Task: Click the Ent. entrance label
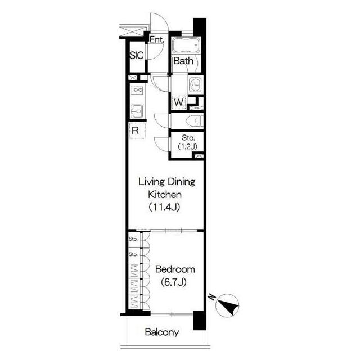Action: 157,40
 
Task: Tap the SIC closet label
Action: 137,55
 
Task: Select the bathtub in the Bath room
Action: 185,45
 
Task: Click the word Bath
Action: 184,61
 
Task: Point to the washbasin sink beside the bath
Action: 195,84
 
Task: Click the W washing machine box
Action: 179,102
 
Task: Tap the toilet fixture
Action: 195,121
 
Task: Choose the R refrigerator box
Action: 137,130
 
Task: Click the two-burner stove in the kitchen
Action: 137,89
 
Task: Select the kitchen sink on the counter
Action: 137,111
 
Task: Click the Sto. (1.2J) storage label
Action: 188,142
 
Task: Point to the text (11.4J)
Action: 164,208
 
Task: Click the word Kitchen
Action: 165,195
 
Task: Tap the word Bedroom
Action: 175,269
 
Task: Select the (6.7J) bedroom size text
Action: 174,282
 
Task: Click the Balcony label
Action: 162,332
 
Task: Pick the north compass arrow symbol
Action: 227,305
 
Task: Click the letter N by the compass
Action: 211,298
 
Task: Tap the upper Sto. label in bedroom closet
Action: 133,238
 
